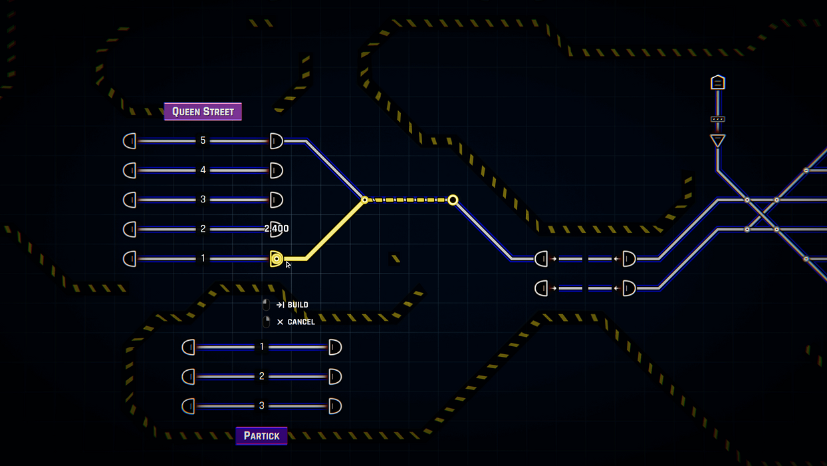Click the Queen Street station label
point(203,112)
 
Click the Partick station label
point(261,436)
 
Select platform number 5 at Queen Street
point(203,141)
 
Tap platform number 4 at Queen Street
point(203,170)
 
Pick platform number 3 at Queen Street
point(203,200)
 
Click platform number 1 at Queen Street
point(203,258)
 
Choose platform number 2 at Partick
point(262,377)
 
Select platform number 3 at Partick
point(262,406)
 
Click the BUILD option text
point(297,305)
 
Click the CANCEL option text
point(300,322)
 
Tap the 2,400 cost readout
point(277,229)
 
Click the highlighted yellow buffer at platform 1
point(277,259)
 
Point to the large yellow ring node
point(453,200)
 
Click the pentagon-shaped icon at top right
point(717,83)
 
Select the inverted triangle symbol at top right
point(717,140)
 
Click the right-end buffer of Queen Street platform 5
point(276,141)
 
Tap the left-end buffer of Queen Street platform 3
point(130,200)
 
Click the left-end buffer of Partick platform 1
point(189,348)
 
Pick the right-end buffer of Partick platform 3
point(335,406)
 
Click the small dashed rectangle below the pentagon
point(717,119)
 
